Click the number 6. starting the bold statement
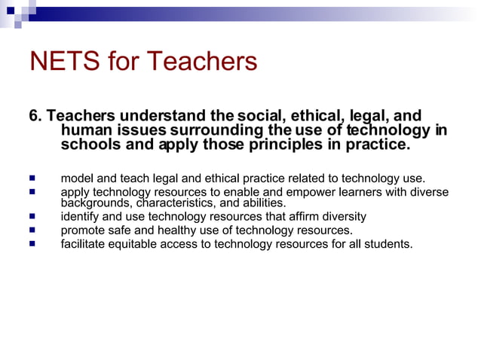(x=36, y=116)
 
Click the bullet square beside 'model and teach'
(x=32, y=178)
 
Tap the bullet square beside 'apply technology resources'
(x=32, y=192)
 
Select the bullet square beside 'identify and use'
(x=32, y=217)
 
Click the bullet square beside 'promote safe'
(x=32, y=230)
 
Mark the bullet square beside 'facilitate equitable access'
(x=32, y=244)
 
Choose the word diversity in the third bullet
(x=340, y=217)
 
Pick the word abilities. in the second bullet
(x=264, y=203)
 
